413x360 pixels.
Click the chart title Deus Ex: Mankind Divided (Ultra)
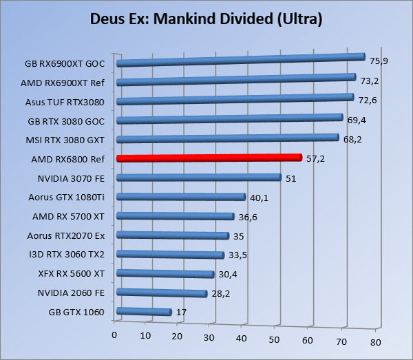[x=206, y=18]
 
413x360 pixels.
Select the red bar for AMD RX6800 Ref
[x=209, y=158]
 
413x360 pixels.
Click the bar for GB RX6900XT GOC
[x=241, y=60]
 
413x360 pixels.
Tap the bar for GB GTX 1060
[x=145, y=312]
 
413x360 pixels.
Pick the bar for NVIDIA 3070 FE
[x=200, y=177]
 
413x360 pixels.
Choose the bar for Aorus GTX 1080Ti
[x=182, y=197]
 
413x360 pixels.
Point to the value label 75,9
[x=379, y=61]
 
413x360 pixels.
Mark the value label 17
[x=182, y=312]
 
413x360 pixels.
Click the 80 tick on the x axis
[x=374, y=341]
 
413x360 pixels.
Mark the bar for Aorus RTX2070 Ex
[x=173, y=235]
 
